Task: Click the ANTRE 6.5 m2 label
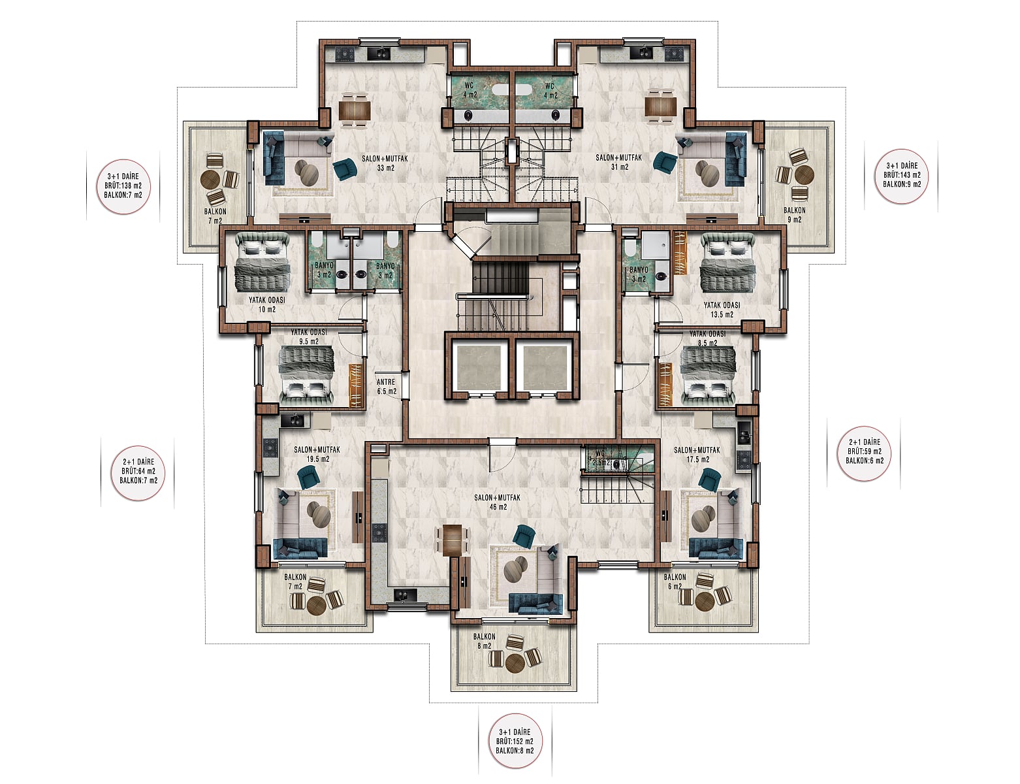tap(387, 386)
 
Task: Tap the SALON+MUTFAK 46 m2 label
tap(497, 502)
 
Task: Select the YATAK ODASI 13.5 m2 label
tap(722, 310)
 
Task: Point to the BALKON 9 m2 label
tap(794, 214)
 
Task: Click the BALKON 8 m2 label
tap(484, 641)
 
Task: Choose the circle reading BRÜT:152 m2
tap(515, 741)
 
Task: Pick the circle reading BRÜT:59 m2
tap(864, 453)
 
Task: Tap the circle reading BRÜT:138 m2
tap(123, 186)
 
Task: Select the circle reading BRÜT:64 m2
tap(138, 473)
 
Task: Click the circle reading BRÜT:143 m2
tap(901, 176)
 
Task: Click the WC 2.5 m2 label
tap(600, 458)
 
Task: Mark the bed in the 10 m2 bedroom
tap(261, 263)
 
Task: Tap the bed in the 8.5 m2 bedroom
tap(708, 376)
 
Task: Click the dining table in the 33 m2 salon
tap(355, 110)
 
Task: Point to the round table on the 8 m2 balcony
tap(515, 662)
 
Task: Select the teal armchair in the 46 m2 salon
tap(524, 536)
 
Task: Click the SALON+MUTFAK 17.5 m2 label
tap(697, 455)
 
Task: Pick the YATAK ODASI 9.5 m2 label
tap(308, 336)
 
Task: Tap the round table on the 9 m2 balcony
tap(804, 175)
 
